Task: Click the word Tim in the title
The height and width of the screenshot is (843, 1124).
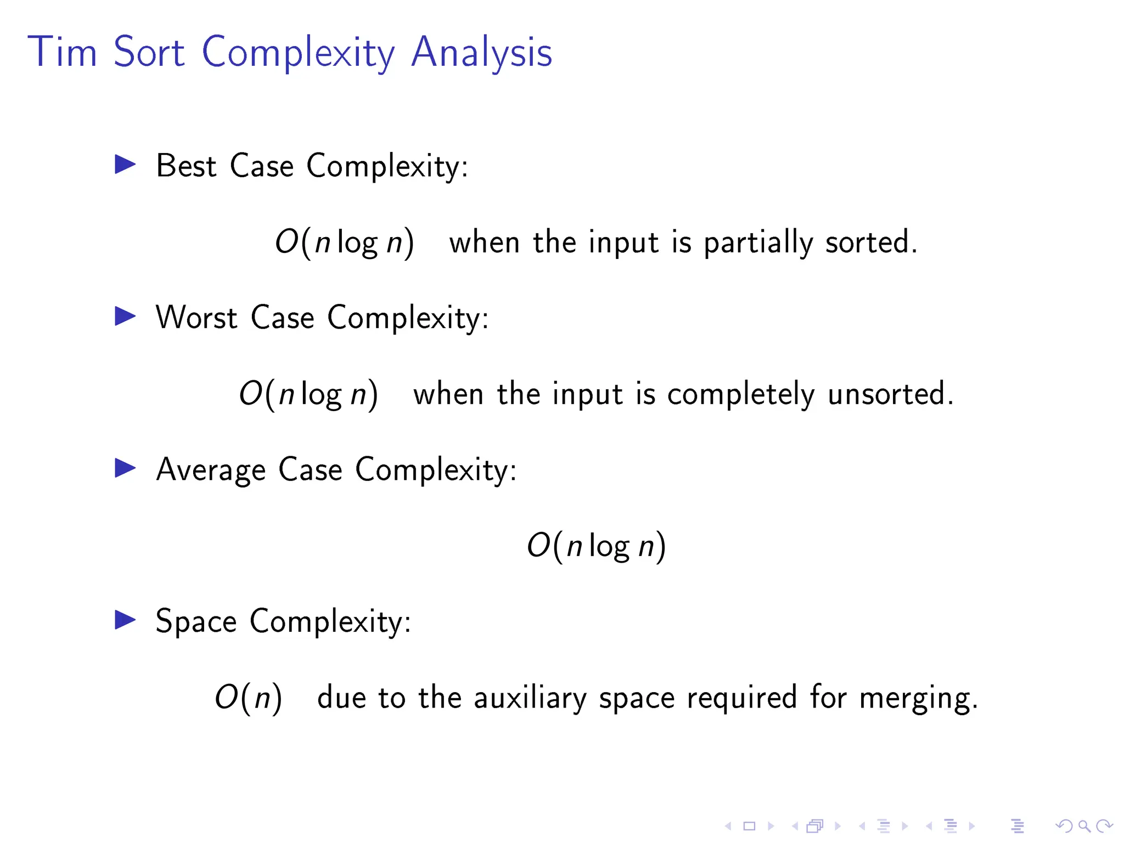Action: pyautogui.click(x=62, y=52)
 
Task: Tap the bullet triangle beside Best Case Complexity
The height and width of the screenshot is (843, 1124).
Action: pyautogui.click(x=125, y=165)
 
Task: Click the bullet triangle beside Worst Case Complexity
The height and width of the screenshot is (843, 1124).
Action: pyautogui.click(x=125, y=316)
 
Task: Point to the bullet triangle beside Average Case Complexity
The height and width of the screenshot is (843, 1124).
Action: pyautogui.click(x=125, y=468)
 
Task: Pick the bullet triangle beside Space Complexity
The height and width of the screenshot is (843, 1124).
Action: pyautogui.click(x=125, y=620)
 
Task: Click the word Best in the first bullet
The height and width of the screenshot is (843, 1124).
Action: pyautogui.click(x=186, y=166)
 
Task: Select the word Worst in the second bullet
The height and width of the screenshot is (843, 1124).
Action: pyautogui.click(x=196, y=318)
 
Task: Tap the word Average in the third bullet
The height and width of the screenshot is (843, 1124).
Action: pyautogui.click(x=211, y=470)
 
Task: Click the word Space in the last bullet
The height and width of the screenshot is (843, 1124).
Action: pyautogui.click(x=196, y=622)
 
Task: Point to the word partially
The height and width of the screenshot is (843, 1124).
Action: pyautogui.click(x=758, y=243)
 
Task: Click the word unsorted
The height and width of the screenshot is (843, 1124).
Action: pyautogui.click(x=890, y=394)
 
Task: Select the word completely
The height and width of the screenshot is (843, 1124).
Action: pyautogui.click(x=740, y=395)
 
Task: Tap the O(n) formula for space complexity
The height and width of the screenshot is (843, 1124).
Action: pyautogui.click(x=248, y=698)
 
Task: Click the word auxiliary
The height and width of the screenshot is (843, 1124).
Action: pyautogui.click(x=530, y=699)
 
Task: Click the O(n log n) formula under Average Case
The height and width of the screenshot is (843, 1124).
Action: pyautogui.click(x=596, y=546)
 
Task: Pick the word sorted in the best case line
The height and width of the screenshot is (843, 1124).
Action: pyautogui.click(x=870, y=243)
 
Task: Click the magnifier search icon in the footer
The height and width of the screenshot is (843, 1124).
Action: pyautogui.click(x=1083, y=826)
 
